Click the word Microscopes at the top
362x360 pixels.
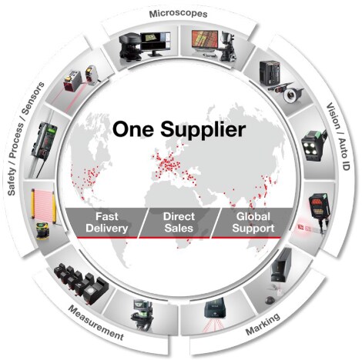click(x=178, y=14)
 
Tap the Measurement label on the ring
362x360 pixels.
click(x=96, y=322)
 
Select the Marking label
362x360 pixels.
click(x=263, y=324)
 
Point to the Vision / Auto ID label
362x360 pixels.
click(x=338, y=136)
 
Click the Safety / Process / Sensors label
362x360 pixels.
click(x=25, y=138)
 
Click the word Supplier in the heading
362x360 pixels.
click(x=203, y=130)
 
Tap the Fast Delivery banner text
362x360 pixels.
click(x=107, y=222)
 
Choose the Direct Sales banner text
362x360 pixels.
click(x=179, y=222)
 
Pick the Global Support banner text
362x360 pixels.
click(x=253, y=222)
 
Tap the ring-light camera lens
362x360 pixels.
click(x=291, y=95)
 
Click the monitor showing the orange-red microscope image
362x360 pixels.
click(x=205, y=41)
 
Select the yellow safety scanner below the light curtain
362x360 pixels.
click(x=42, y=231)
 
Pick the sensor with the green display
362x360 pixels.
click(x=45, y=140)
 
